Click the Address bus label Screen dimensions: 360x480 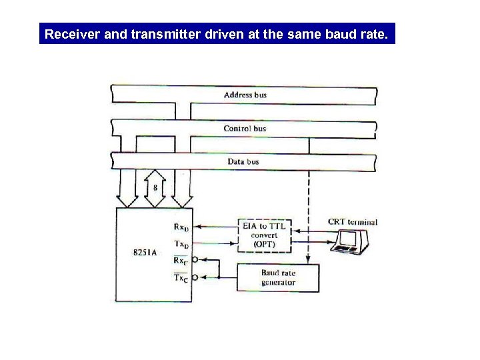point(245,95)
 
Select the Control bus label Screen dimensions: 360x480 point(245,128)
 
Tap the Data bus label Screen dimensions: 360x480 point(243,161)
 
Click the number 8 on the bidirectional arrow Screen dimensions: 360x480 point(155,188)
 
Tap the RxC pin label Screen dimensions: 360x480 point(181,261)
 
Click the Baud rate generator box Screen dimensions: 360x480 point(279,277)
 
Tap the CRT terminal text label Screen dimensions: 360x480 point(353,222)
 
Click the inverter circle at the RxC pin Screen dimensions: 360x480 point(195,260)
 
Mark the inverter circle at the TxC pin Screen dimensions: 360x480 point(195,277)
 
